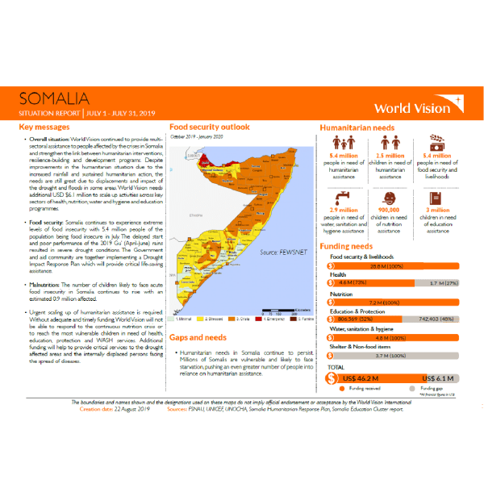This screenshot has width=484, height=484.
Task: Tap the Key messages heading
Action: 48,127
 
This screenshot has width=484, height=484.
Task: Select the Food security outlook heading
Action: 209,127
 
